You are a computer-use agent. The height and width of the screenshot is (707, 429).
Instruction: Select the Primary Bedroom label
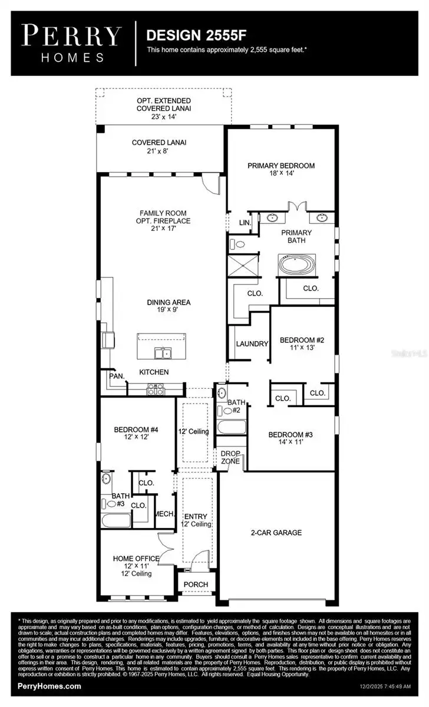coord(280,166)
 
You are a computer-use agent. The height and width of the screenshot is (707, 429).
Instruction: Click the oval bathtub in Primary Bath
coord(297,263)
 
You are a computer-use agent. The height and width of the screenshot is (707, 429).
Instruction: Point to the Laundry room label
coord(252,343)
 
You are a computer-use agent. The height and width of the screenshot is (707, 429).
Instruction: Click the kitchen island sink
coord(163,353)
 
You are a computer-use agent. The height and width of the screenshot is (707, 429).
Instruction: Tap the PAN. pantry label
coord(115,375)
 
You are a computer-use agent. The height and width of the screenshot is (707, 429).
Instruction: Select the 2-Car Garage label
coord(277,533)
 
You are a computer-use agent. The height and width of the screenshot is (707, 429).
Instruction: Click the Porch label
coord(196,584)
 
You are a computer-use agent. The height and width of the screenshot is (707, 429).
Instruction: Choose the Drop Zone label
coord(230,457)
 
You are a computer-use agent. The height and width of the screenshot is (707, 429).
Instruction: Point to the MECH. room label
coord(164,514)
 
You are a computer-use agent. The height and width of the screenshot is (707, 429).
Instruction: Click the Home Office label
coord(136,558)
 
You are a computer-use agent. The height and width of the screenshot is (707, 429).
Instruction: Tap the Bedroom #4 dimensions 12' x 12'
coord(136,437)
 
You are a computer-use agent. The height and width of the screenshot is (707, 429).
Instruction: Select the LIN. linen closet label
coord(245,223)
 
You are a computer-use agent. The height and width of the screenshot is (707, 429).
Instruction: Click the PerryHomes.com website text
coord(49,686)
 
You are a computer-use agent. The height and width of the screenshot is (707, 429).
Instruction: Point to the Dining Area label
coord(169,302)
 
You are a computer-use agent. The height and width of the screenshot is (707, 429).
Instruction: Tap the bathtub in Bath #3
coord(115,521)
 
